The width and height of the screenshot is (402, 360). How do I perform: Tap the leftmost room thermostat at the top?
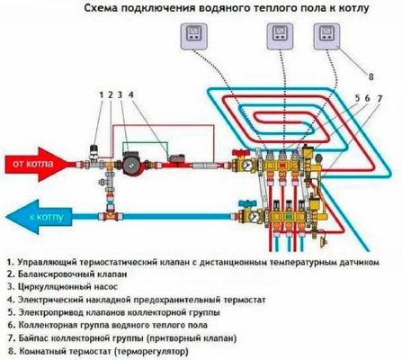pyautogui.click(x=192, y=37)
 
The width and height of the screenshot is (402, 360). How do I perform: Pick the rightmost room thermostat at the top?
pyautogui.click(x=325, y=37)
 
